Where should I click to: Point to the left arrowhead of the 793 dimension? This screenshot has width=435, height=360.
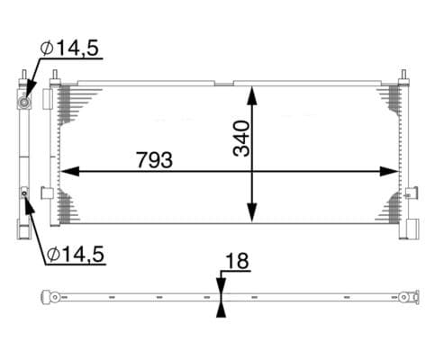pos(65,171)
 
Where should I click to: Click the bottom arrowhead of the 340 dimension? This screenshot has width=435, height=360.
pos(253,215)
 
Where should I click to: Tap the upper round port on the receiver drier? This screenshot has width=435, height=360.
pos(23,101)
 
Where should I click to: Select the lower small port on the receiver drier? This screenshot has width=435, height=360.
pos(24,193)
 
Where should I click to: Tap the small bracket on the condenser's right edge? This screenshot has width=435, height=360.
pos(412,192)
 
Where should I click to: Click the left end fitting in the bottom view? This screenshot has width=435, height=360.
pos(54,296)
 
